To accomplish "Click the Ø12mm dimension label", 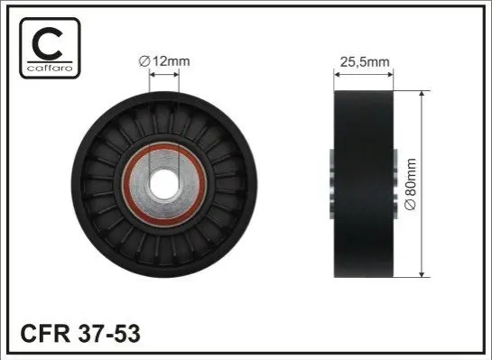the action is pyautogui.click(x=164, y=61).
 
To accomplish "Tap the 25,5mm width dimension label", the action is pyautogui.click(x=365, y=62).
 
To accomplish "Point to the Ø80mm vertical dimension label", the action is pyautogui.click(x=411, y=184).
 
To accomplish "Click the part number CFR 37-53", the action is pyautogui.click(x=80, y=334).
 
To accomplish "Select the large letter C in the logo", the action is pyautogui.click(x=47, y=43).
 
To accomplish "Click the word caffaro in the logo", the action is pyautogui.click(x=50, y=68).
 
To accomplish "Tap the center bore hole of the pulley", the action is pyautogui.click(x=164, y=184).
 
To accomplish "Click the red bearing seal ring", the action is pyautogui.click(x=125, y=184).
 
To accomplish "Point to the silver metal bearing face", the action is pyautogui.click(x=190, y=184).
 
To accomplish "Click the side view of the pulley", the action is pyautogui.click(x=364, y=184).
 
